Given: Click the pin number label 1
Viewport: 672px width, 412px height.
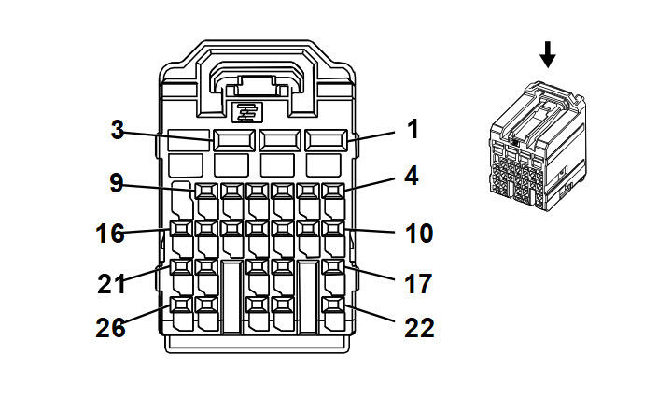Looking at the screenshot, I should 413,130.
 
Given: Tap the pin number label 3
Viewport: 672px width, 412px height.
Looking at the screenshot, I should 117,130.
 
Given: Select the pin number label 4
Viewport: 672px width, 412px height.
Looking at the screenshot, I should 413,177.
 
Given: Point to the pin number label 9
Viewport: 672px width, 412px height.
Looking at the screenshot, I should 117,182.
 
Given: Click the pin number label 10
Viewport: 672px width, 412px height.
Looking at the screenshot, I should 420,232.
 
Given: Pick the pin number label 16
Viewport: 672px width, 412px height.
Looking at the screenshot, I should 110,232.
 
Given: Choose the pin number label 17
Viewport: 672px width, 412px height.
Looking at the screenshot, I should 420,282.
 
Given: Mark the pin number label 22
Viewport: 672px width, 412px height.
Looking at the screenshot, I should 420,327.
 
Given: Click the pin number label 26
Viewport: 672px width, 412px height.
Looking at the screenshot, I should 110,327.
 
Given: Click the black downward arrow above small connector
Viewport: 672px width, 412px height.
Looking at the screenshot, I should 548,56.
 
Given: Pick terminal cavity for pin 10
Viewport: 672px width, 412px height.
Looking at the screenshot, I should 333,229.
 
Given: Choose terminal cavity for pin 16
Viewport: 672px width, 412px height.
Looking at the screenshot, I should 181,229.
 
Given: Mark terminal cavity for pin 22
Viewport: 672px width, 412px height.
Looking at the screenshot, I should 333,305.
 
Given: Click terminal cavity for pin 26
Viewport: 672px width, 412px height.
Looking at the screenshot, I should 181,305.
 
